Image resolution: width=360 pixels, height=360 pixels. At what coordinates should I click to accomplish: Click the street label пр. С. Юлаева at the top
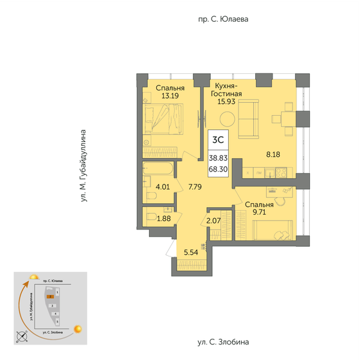[223, 19]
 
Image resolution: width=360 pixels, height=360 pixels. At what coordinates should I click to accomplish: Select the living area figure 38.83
[217, 157]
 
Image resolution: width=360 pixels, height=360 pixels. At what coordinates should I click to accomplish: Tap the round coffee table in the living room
[226, 119]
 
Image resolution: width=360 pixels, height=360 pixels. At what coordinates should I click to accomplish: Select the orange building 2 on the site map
[50, 297]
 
